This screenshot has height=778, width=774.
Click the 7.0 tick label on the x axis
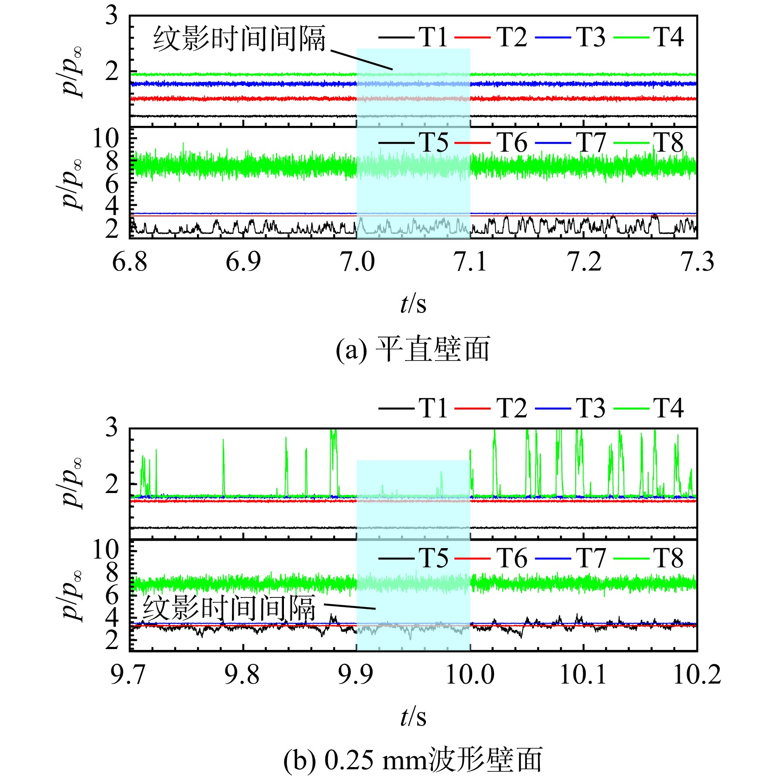point(357,262)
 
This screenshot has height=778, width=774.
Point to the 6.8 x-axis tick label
point(130,262)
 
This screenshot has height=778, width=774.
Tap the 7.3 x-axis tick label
point(697,262)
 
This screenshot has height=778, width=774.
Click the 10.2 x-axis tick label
point(697,674)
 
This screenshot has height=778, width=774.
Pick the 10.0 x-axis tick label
point(470,674)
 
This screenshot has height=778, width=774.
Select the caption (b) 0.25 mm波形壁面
point(413,760)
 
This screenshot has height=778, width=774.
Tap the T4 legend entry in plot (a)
point(649,37)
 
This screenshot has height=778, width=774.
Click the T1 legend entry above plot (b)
point(413,408)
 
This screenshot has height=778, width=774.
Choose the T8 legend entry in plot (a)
point(649,142)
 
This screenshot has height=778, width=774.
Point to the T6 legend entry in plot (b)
point(491,558)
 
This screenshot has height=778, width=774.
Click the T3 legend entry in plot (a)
point(570,37)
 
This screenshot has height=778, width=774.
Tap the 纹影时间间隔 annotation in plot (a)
point(239,39)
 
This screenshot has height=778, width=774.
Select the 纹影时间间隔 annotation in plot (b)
point(229,608)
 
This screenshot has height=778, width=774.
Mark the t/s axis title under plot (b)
point(413,716)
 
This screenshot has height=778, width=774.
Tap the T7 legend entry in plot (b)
point(570,558)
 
